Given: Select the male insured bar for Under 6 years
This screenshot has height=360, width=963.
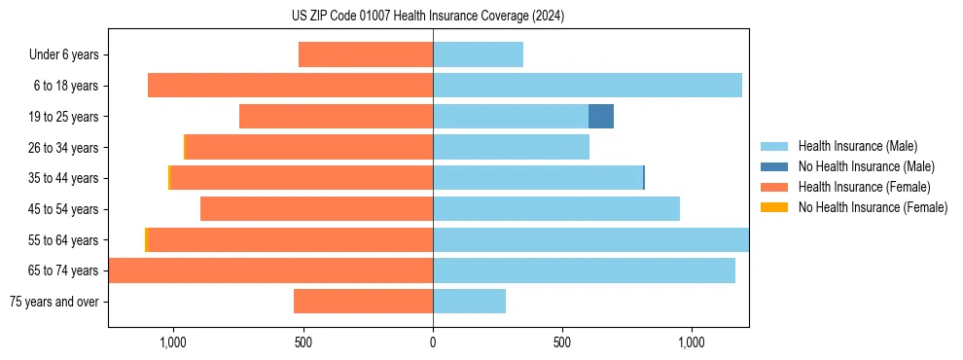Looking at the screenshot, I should tap(478, 54).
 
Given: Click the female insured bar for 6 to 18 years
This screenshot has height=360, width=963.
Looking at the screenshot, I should tap(290, 86).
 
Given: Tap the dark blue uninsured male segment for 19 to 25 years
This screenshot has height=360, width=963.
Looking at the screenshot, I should tap(601, 117).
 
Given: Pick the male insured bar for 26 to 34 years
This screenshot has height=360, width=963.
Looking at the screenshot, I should tap(511, 147).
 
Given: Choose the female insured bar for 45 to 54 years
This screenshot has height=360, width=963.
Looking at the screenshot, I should tap(316, 209).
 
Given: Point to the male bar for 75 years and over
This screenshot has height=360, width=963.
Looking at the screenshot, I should tap(469, 302).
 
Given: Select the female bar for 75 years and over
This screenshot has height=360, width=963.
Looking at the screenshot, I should tap(363, 302).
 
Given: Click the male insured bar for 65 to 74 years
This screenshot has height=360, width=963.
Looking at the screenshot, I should tap(584, 270).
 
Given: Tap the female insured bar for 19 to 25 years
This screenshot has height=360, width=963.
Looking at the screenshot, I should tap(336, 117).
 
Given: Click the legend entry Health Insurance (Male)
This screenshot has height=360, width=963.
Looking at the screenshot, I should tap(857, 146).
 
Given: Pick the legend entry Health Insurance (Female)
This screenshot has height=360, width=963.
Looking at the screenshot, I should tap(864, 187).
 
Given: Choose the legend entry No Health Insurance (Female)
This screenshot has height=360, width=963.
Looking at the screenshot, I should tap(873, 207).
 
